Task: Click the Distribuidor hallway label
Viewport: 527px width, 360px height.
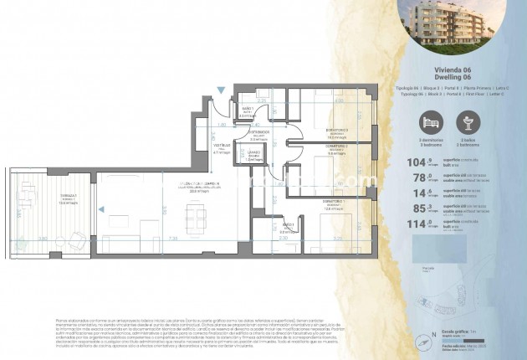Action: click(258, 132)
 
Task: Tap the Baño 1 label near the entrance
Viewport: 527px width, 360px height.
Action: click(248, 111)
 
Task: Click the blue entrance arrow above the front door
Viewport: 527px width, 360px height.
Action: click(220, 90)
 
